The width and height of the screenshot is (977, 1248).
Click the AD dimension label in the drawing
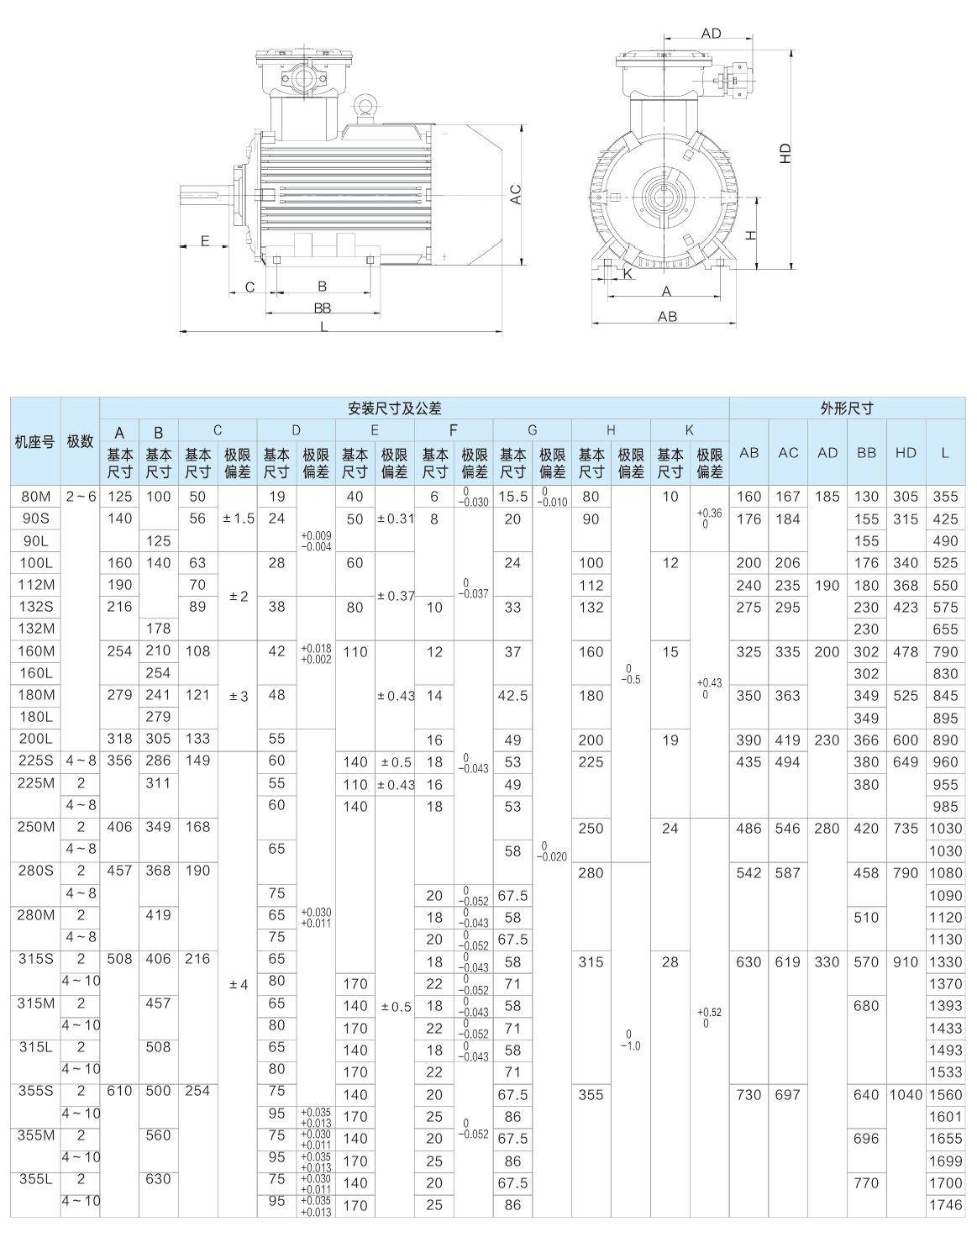(711, 34)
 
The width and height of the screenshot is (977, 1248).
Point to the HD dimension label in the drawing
(785, 153)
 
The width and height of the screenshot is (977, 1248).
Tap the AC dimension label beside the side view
(517, 195)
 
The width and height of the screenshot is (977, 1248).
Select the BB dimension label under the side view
(323, 308)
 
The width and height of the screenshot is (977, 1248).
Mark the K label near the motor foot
(627, 274)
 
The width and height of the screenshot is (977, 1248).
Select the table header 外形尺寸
(846, 409)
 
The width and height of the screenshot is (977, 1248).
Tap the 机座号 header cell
(35, 441)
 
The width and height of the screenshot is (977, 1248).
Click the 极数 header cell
(80, 441)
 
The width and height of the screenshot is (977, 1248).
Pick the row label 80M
(35, 497)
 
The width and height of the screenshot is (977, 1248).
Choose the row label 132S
(35, 607)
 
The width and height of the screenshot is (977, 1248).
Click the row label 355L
(35, 1179)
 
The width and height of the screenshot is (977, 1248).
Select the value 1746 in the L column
(944, 1205)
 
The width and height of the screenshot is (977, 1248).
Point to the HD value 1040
(906, 1095)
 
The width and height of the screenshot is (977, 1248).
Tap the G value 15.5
(512, 497)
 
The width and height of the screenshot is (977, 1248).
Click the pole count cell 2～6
(80, 497)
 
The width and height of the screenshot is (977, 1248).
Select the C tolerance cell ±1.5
(238, 519)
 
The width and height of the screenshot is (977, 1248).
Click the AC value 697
(788, 1095)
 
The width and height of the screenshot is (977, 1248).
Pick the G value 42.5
(512, 696)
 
